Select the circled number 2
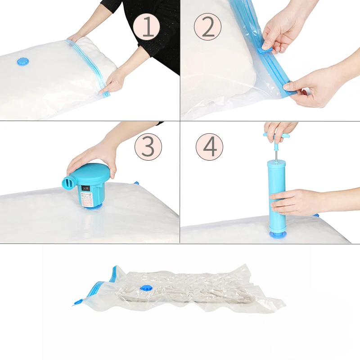(208, 27)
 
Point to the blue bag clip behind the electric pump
(135, 183)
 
